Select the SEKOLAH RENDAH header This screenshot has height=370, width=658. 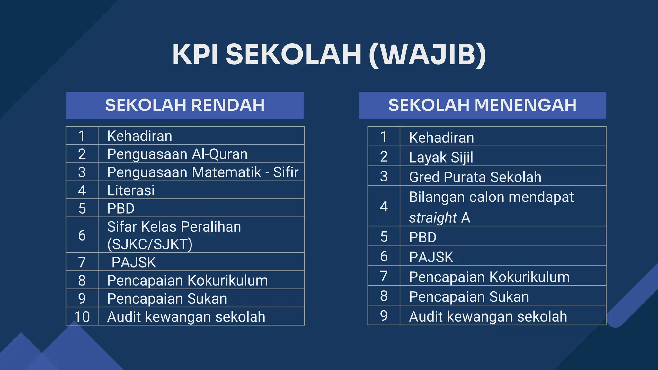pyautogui.click(x=185, y=105)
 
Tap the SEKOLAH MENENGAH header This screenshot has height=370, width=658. pyautogui.click(x=482, y=105)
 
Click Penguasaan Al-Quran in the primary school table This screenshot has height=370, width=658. pyautogui.click(x=177, y=154)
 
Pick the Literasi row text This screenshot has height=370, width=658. pyautogui.click(x=131, y=190)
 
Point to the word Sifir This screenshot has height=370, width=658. pyautogui.click(x=286, y=172)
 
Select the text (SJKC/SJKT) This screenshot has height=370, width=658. pyautogui.click(x=150, y=244)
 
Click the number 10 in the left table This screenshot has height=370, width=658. pyautogui.click(x=82, y=317)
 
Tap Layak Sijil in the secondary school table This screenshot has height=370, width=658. pyautogui.click(x=441, y=157)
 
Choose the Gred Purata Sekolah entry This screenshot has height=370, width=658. pyautogui.click(x=475, y=177)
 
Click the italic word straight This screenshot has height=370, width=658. pyautogui.click(x=433, y=218)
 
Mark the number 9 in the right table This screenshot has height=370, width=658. pyautogui.click(x=384, y=316)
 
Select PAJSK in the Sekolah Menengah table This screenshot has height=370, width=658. pyautogui.click(x=431, y=257)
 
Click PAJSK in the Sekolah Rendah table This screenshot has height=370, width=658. pyautogui.click(x=134, y=262)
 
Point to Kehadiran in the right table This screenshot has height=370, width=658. pyautogui.click(x=441, y=138)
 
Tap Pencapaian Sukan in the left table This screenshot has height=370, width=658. pyautogui.click(x=167, y=299)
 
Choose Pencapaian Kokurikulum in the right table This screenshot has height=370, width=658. pyautogui.click(x=489, y=277)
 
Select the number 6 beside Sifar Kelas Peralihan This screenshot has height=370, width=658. pyautogui.click(x=82, y=235)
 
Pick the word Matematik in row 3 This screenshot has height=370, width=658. pyautogui.click(x=227, y=172)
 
